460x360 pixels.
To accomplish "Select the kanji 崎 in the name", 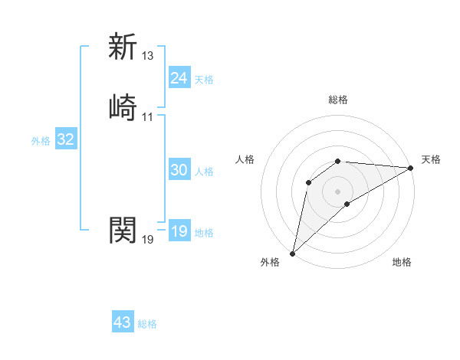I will click(x=123, y=107).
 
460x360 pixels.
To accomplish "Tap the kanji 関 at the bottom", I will click(x=123, y=229).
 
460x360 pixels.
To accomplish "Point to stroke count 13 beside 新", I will click(x=148, y=55).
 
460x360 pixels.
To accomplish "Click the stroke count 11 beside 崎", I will click(x=148, y=116).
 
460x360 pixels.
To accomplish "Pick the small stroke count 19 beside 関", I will click(x=148, y=239).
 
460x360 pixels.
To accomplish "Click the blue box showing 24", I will click(x=179, y=78).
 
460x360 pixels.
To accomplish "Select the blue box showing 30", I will click(x=179, y=171).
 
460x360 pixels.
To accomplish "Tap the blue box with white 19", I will click(x=179, y=231).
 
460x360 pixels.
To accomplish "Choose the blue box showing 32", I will click(x=65, y=139).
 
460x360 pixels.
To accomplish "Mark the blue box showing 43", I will click(x=123, y=322).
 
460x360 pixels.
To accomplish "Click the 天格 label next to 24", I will click(x=204, y=80).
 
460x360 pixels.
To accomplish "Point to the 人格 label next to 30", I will click(x=204, y=172).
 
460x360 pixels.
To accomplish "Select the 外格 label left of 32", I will click(x=41, y=141).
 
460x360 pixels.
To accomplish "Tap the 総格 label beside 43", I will click(x=147, y=324).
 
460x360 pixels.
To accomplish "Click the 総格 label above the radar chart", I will click(x=338, y=100).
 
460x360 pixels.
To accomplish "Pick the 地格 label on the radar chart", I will click(x=402, y=262).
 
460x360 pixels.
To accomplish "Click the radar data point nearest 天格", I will click(x=412, y=168).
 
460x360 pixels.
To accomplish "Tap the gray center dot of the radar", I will click(x=338, y=191).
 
